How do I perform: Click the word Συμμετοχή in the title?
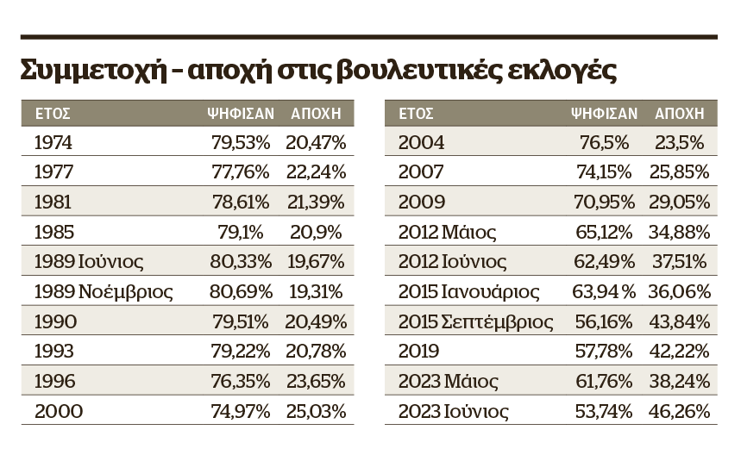94,71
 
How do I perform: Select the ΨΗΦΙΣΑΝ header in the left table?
241,113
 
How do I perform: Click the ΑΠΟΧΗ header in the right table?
680,113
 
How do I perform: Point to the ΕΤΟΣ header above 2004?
416,113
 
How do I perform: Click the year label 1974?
53,142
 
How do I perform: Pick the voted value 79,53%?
241,142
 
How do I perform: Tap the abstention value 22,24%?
316,171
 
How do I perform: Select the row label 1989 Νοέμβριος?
104,291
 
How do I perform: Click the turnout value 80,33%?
241,261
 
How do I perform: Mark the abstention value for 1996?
316,382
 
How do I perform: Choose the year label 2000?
59,412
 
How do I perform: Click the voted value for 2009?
605,202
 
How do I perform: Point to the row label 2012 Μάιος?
447,232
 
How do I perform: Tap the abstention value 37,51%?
680,261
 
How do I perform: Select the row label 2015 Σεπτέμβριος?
475,322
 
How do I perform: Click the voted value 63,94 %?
604,291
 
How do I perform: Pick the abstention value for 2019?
680,352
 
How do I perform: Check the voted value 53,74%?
604,412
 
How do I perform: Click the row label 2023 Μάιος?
448,382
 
